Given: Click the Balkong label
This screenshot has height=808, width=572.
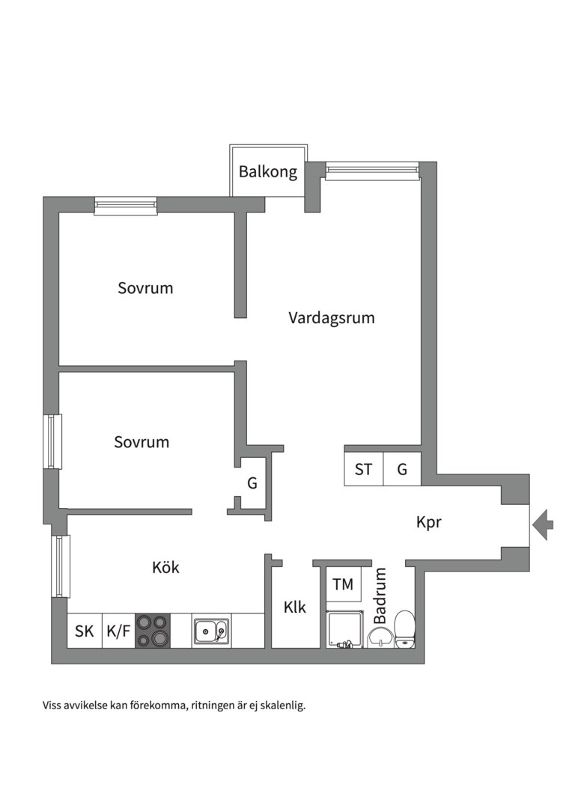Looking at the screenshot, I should [268, 172].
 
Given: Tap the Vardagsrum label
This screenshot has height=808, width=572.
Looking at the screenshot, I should [332, 318].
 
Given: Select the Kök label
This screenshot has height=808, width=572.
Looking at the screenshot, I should [165, 568].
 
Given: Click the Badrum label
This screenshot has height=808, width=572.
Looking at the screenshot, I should [380, 596].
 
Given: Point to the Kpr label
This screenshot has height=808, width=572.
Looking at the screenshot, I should [429, 522].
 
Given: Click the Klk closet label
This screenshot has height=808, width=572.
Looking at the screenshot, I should [295, 607].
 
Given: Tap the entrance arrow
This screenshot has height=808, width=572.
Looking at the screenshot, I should [543, 524].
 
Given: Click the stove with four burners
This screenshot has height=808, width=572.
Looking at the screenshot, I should [153, 630].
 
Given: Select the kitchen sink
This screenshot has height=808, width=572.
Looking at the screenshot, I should [211, 631].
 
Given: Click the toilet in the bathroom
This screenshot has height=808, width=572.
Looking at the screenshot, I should [405, 628].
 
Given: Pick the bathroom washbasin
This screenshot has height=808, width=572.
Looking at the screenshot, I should [380, 637].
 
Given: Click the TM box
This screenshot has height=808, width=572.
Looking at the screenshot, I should [344, 584].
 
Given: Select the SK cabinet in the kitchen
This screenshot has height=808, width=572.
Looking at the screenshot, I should [85, 631].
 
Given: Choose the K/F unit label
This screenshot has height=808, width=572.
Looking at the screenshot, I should [118, 631].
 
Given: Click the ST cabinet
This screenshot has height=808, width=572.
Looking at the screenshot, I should [364, 470].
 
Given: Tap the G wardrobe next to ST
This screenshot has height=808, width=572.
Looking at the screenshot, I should [402, 470].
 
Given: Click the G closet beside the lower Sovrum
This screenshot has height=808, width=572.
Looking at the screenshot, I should [252, 483].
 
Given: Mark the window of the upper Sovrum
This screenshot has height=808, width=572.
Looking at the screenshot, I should [126, 205].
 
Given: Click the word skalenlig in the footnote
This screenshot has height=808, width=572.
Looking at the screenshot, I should [279, 705].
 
